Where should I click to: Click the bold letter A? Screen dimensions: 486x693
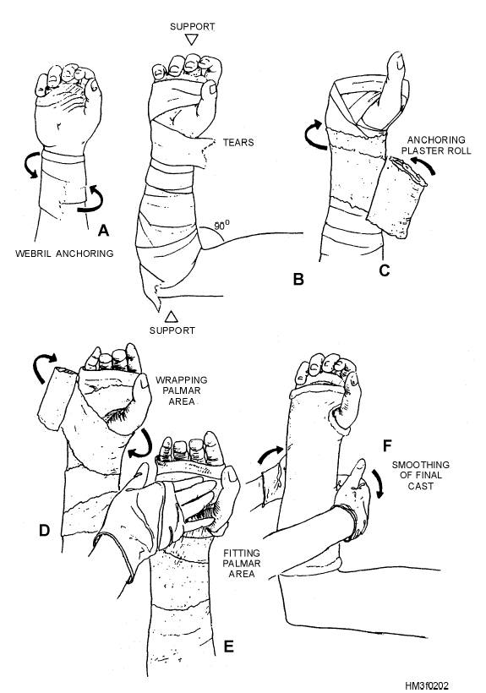103,230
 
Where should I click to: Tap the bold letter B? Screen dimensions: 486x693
298,280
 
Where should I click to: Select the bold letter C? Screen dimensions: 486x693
385,270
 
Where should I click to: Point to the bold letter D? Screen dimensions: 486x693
44,530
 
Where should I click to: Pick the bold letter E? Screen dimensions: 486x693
228,647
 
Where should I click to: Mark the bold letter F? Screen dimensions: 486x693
387,446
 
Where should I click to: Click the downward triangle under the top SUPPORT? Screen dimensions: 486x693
191,41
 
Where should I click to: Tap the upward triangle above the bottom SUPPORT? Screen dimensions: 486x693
172,316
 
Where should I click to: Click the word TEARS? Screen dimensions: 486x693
238,142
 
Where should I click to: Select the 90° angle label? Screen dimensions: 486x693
221,226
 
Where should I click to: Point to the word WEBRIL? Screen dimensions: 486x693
33,254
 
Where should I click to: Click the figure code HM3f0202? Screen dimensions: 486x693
426,685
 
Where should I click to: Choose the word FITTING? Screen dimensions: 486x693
242,553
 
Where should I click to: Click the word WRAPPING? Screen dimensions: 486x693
181,380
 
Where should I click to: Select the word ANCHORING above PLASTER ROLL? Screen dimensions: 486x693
436,140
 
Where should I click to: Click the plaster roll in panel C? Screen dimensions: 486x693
396,198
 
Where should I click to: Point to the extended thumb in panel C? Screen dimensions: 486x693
395,89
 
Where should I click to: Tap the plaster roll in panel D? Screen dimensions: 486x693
57,398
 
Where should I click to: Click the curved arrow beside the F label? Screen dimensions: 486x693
377,483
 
